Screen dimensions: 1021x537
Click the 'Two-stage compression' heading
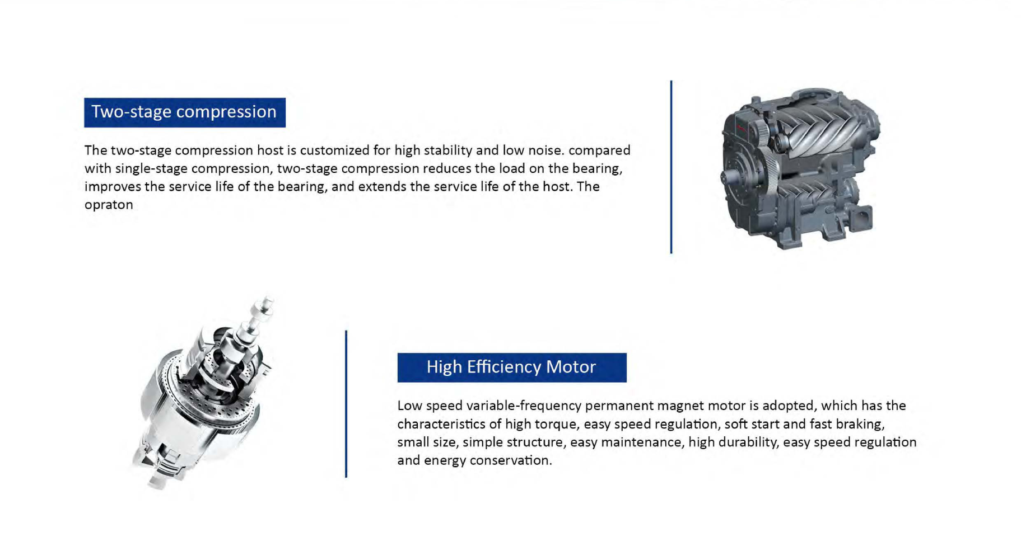click(x=184, y=112)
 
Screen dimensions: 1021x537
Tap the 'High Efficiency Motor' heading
click(x=511, y=367)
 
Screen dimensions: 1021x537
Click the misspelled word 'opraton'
click(x=109, y=205)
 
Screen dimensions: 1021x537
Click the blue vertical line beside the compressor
click(x=671, y=167)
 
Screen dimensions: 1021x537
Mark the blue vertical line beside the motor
click(x=346, y=404)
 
